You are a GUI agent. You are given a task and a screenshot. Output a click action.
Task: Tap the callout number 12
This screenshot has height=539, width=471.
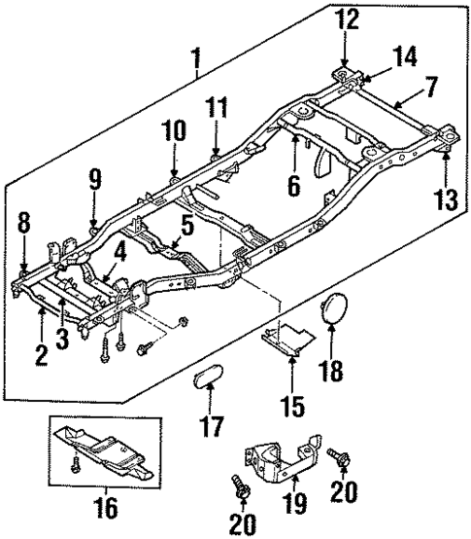coord(348,19)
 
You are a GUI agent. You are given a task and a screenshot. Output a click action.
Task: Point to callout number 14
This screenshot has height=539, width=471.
coord(405,57)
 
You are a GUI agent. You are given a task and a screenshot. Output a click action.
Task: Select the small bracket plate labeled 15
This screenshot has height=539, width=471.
coord(286,339)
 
